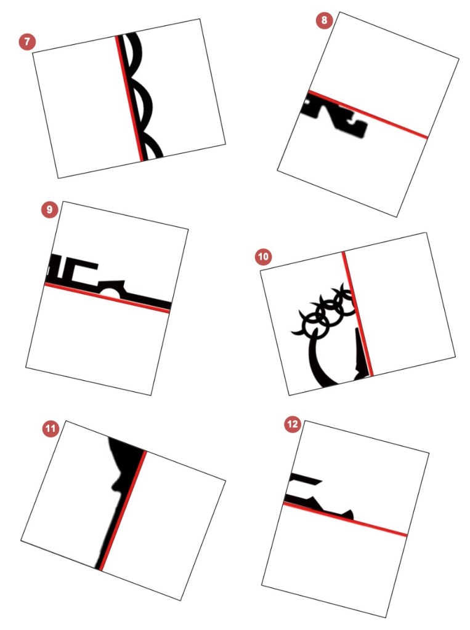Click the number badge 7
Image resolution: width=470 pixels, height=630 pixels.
(x=27, y=42)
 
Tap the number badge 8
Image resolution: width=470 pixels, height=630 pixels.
(x=325, y=20)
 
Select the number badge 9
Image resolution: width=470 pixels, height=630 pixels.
(x=49, y=209)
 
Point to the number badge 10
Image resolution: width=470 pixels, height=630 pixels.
(x=263, y=257)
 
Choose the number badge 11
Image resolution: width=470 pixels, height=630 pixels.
(x=51, y=428)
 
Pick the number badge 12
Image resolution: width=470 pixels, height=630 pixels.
(x=293, y=424)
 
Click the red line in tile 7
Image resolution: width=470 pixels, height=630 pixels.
(x=129, y=98)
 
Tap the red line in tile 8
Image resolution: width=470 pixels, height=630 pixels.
(x=368, y=115)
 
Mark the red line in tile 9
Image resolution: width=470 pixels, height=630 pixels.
(x=107, y=297)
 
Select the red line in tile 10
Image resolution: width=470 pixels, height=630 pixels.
(x=357, y=314)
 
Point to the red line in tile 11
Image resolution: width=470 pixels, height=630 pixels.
(x=123, y=510)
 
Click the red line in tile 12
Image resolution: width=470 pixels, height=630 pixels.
(x=345, y=519)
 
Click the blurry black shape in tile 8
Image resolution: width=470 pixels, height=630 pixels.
(x=335, y=118)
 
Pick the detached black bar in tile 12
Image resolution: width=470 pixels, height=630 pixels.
(x=306, y=479)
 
